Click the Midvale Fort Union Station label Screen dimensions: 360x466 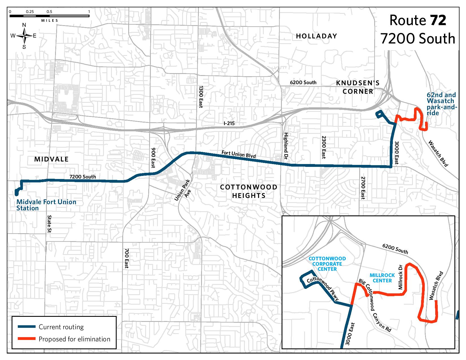[x=46, y=205]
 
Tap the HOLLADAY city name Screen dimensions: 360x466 [x=316, y=36]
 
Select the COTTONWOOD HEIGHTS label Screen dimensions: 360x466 [x=249, y=191]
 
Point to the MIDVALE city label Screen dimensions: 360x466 [x=51, y=159]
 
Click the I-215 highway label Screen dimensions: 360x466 [x=229, y=123]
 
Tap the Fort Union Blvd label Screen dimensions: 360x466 [x=238, y=154]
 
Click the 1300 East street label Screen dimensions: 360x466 [x=201, y=97]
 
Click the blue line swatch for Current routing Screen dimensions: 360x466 [x=27, y=327]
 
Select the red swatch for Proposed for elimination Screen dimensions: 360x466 [x=27, y=339]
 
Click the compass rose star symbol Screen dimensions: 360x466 [x=25, y=36]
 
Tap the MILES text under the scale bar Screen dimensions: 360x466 [x=50, y=21]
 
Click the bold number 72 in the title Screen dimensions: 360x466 [x=438, y=20]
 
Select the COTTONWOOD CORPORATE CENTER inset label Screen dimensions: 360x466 [x=327, y=264]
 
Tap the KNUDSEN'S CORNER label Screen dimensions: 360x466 [x=358, y=87]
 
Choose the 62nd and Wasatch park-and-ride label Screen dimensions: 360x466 [x=441, y=104]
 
